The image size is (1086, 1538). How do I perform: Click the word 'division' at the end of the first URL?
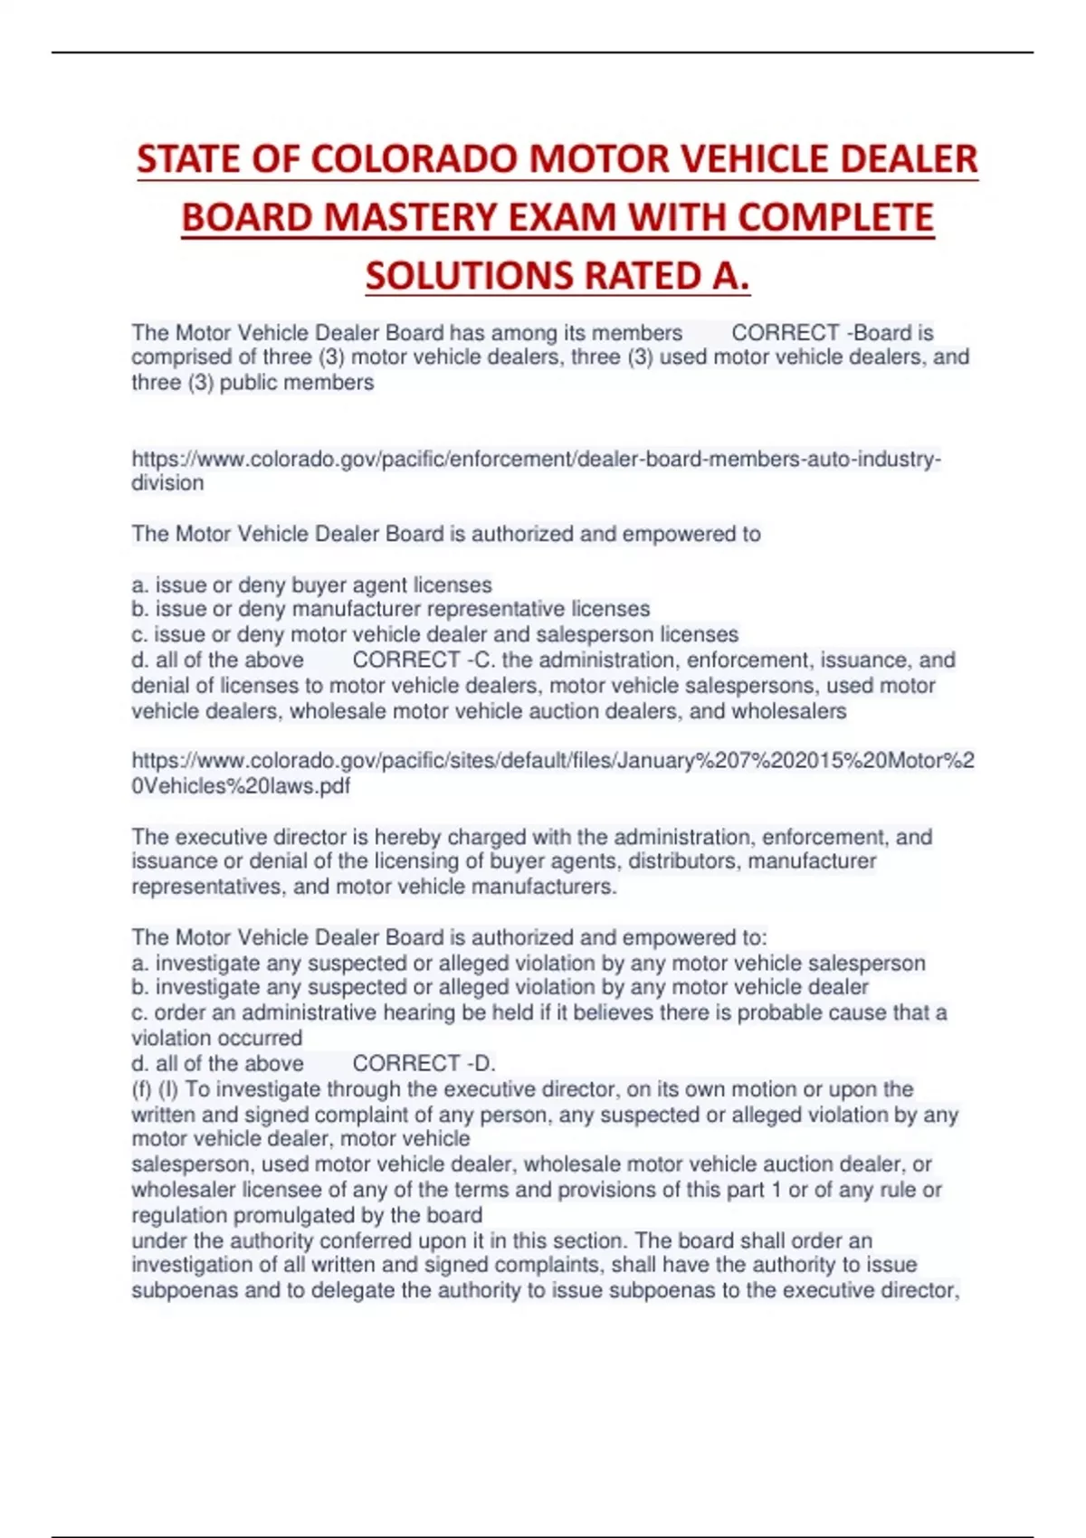tap(167, 483)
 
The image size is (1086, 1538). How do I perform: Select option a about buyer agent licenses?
tap(311, 584)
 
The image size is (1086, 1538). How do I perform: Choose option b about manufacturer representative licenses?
tap(390, 609)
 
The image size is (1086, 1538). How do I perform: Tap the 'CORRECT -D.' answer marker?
tap(424, 1064)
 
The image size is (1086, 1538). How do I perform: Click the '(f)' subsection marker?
tap(142, 1089)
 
